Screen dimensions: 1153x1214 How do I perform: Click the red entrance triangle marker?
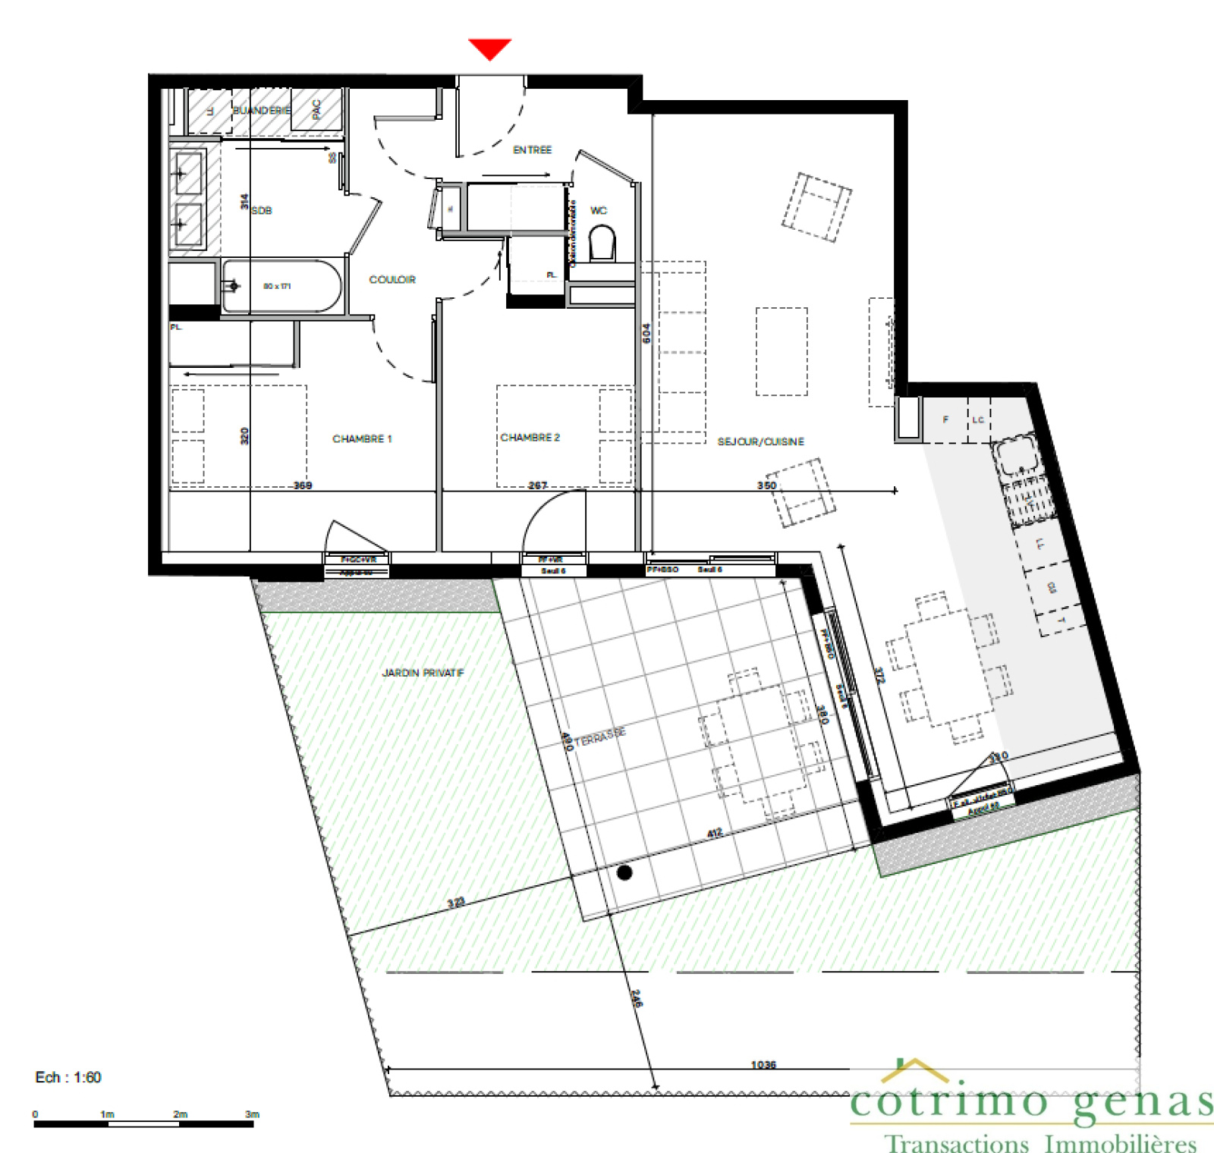point(489,49)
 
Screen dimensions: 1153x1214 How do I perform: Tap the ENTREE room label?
point(532,150)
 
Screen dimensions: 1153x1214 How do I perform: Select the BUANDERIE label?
point(261,111)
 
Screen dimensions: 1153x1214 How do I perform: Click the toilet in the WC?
point(602,244)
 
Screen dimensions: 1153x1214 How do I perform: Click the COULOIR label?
point(392,280)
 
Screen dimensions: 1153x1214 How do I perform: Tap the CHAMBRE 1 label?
point(362,439)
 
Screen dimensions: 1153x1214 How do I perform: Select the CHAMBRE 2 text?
point(530,438)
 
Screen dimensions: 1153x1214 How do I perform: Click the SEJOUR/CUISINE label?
point(760,441)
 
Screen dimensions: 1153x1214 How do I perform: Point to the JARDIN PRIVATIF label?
point(423,673)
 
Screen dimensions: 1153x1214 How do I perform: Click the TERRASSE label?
point(600,737)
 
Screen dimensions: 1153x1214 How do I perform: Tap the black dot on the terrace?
point(624,872)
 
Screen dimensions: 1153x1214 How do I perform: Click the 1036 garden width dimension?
point(763,1065)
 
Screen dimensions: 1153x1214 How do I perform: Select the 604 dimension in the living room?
point(646,333)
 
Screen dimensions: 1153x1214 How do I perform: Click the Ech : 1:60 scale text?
point(68,1077)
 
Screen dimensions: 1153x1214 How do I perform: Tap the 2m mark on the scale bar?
point(180,1114)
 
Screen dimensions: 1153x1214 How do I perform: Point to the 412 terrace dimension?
point(715,833)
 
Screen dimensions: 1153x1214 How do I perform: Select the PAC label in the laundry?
point(316,109)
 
